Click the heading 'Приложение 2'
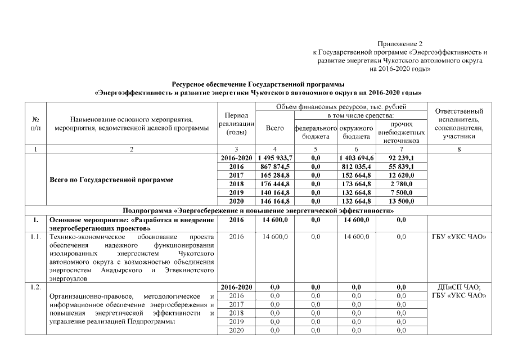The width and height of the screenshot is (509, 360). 400,43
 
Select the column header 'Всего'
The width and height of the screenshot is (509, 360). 274,128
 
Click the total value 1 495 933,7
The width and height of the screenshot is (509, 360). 274,158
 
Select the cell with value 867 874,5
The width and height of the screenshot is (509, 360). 274,167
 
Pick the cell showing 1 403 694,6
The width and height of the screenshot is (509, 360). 357,158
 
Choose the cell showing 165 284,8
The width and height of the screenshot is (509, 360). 274,175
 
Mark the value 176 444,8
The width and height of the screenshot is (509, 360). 274,184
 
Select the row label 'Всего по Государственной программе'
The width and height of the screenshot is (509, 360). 112,180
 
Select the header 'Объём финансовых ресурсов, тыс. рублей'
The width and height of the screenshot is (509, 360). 341,106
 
